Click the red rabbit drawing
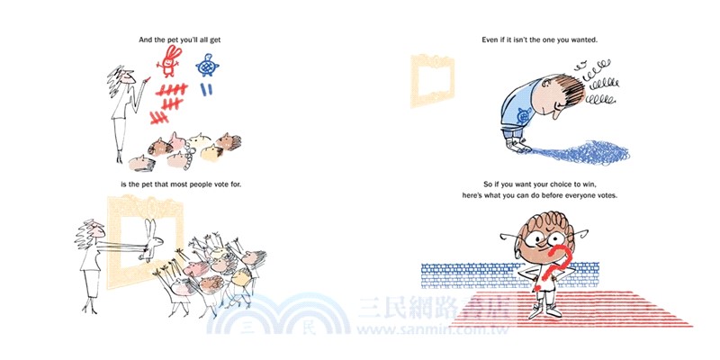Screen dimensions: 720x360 coord(169,60)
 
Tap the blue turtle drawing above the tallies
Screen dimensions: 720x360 coord(207,66)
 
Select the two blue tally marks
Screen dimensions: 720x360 coord(206,89)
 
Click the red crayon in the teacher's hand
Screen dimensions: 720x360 coord(147,80)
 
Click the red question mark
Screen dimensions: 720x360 coord(554,267)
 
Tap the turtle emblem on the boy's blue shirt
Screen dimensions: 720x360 coord(523,117)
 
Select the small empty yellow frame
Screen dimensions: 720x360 coord(432,80)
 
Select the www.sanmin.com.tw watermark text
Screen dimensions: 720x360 coord(432,329)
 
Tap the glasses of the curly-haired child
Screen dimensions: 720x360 coord(544,238)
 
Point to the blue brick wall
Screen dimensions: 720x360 coord(509,275)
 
